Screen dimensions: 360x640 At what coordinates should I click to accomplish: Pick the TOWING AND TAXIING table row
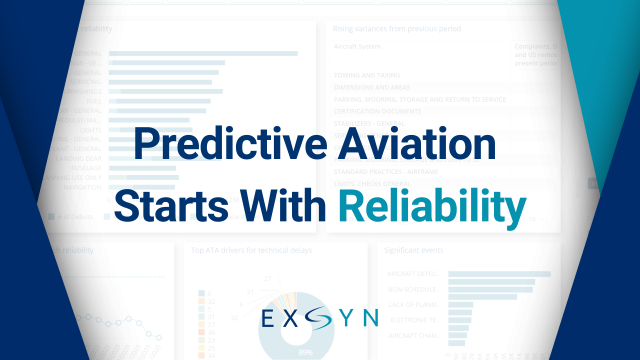click(367, 75)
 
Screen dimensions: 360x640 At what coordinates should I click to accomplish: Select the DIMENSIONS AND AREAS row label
click(371, 87)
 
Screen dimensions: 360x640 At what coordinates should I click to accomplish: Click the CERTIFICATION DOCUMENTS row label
click(377, 111)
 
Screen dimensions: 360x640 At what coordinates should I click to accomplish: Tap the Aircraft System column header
click(357, 46)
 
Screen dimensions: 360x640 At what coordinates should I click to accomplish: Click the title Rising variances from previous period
click(397, 29)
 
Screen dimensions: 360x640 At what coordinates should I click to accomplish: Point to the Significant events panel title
click(413, 250)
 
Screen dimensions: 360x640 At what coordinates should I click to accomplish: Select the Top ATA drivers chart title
click(251, 250)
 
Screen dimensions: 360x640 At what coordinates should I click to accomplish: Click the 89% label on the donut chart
click(306, 352)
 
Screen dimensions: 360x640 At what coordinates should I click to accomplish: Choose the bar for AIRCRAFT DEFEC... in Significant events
click(499, 274)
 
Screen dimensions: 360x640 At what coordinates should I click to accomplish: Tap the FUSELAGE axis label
click(86, 168)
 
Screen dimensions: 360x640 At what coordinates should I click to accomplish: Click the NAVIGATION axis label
click(82, 187)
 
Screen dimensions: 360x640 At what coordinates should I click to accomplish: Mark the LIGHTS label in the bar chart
click(91, 130)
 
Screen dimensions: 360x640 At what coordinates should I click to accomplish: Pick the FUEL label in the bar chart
click(94, 101)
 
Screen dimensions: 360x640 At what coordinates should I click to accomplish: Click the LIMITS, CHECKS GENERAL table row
click(372, 184)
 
